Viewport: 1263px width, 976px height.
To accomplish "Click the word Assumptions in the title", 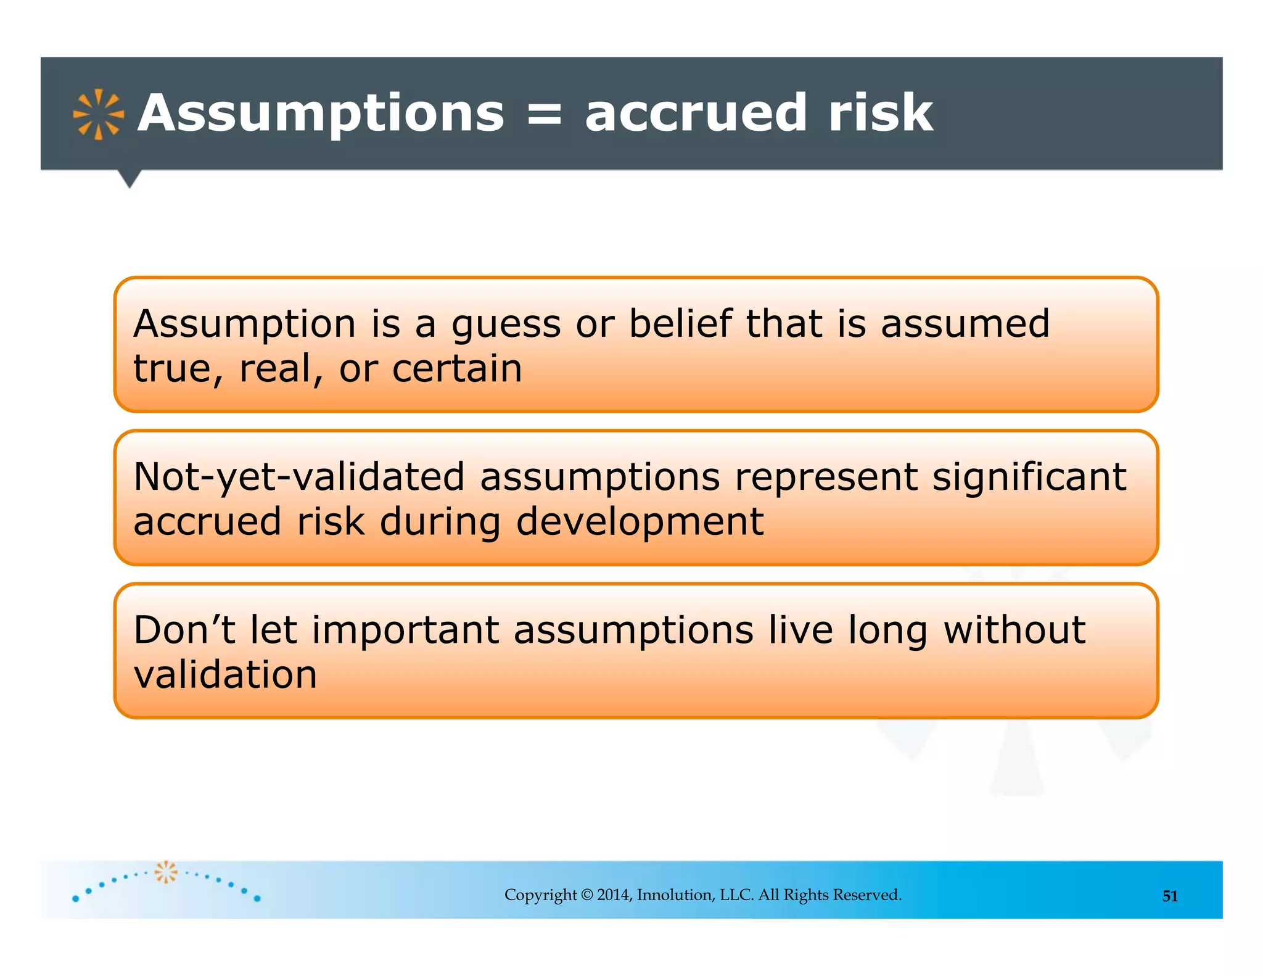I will coord(321,114).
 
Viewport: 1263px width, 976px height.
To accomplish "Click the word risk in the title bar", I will coord(880,114).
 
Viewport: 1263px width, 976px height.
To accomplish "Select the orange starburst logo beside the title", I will coord(98,115).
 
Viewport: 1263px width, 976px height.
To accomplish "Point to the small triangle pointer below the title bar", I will coord(130,179).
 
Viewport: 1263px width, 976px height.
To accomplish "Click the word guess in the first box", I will coord(506,325).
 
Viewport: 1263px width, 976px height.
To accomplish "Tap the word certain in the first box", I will coord(457,369).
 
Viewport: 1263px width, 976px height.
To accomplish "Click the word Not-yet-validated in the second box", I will coord(299,478).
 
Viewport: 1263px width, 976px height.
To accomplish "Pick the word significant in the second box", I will coord(1029,478).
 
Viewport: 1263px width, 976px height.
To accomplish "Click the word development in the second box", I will coord(640,522).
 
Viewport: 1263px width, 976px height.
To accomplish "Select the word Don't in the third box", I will coord(184,630).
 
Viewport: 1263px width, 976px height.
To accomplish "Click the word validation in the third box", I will coord(225,674).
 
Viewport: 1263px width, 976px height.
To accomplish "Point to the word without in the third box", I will coord(1014,630).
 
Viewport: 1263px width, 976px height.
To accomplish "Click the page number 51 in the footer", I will coord(1170,896).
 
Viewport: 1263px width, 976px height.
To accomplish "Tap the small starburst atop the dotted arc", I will coord(165,872).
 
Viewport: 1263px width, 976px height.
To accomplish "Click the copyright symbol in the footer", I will coord(586,895).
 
